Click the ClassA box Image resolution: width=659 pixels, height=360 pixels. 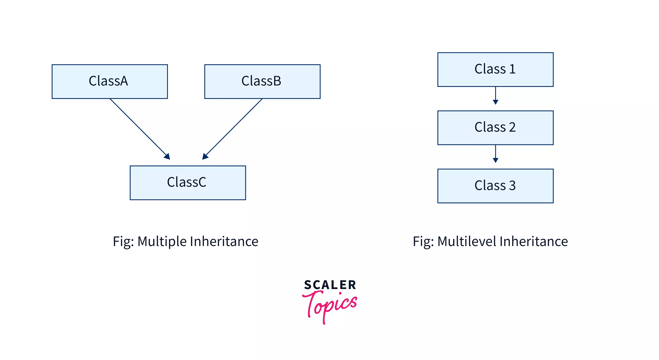pyautogui.click(x=109, y=81)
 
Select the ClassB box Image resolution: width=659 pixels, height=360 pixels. pyautogui.click(x=262, y=81)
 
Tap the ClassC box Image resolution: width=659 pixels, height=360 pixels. pyautogui.click(x=188, y=183)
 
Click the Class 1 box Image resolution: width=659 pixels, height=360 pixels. pyautogui.click(x=495, y=69)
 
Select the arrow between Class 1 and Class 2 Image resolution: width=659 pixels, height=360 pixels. pyautogui.click(x=495, y=96)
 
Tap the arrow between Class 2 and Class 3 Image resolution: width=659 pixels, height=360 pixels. pyautogui.click(x=495, y=154)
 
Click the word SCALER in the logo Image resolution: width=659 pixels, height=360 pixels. pyautogui.click(x=330, y=285)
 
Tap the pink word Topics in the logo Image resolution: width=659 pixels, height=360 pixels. pyautogui.click(x=330, y=305)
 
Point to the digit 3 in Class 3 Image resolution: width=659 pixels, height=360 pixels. pyautogui.click(x=512, y=186)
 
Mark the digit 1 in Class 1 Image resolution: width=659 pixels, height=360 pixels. pyautogui.click(x=512, y=69)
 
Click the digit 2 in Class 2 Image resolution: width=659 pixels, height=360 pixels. pyautogui.click(x=512, y=127)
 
